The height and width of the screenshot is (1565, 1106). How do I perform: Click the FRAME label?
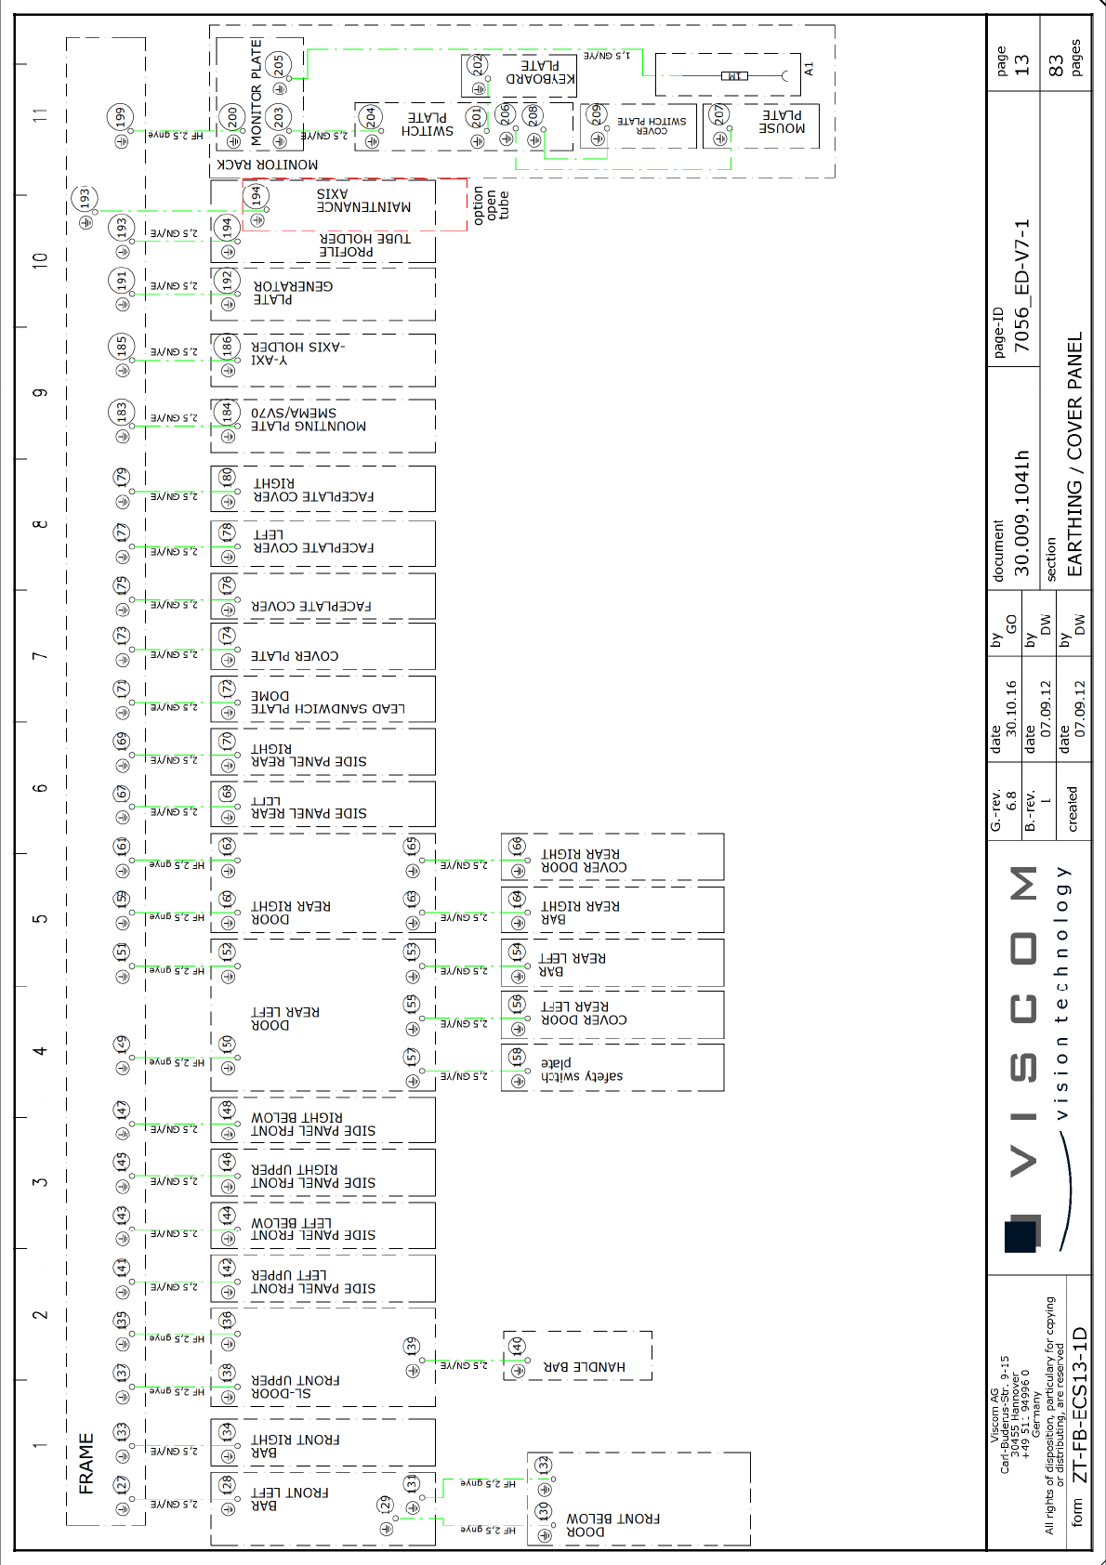click(x=86, y=1463)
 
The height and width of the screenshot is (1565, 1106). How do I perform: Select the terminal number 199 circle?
click(x=121, y=117)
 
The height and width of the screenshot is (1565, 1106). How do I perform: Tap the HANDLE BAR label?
click(x=584, y=1367)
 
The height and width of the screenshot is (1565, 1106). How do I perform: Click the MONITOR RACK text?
click(x=268, y=164)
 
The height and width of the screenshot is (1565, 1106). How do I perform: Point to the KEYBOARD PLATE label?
click(x=540, y=72)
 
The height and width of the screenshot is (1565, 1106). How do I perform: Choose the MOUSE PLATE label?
click(x=782, y=122)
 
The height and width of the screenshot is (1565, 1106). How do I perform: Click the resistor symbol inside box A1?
click(x=734, y=75)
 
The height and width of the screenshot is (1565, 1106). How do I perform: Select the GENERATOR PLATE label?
click(x=293, y=293)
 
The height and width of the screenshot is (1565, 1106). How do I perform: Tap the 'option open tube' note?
click(x=491, y=205)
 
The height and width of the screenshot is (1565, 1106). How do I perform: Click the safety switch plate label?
click(x=582, y=1070)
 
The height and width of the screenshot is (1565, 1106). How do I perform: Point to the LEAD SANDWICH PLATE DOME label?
click(x=328, y=702)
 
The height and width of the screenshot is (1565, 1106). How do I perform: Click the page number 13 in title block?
click(x=1021, y=65)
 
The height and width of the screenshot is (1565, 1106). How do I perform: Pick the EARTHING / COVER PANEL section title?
click(x=1074, y=455)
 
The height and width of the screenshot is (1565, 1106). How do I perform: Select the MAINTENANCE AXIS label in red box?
click(x=363, y=201)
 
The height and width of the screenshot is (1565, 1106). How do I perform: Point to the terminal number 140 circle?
click(x=517, y=1347)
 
